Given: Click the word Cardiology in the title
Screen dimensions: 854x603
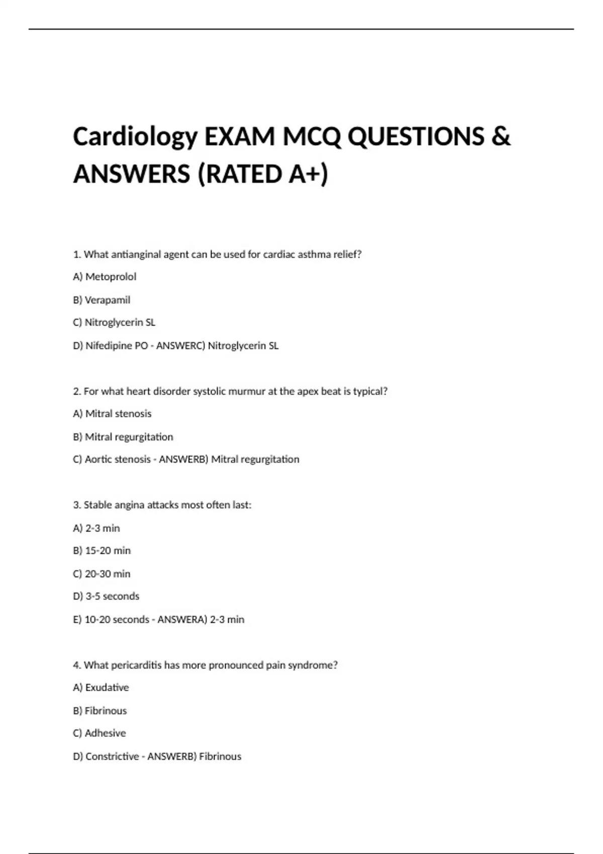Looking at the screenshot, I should click(135, 137).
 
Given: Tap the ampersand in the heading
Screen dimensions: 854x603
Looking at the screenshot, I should click(500, 137).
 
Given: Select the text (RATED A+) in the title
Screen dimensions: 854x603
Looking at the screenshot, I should click(263, 174).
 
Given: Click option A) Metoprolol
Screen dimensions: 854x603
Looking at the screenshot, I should click(105, 277).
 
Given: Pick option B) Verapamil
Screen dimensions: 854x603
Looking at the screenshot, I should click(102, 300).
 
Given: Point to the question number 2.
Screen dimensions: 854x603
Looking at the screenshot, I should click(77, 391).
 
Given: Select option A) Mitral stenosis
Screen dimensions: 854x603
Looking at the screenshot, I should click(112, 414).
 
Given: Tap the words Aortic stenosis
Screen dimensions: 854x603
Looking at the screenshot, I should click(118, 459).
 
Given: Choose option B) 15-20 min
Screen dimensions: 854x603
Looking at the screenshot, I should click(102, 551).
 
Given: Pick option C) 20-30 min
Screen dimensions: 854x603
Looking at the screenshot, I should click(102, 574).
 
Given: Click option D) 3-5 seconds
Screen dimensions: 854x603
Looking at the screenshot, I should click(106, 596).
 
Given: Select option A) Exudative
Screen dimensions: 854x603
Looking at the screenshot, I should click(100, 688).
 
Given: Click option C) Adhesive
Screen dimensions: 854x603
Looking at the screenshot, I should click(99, 733).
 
